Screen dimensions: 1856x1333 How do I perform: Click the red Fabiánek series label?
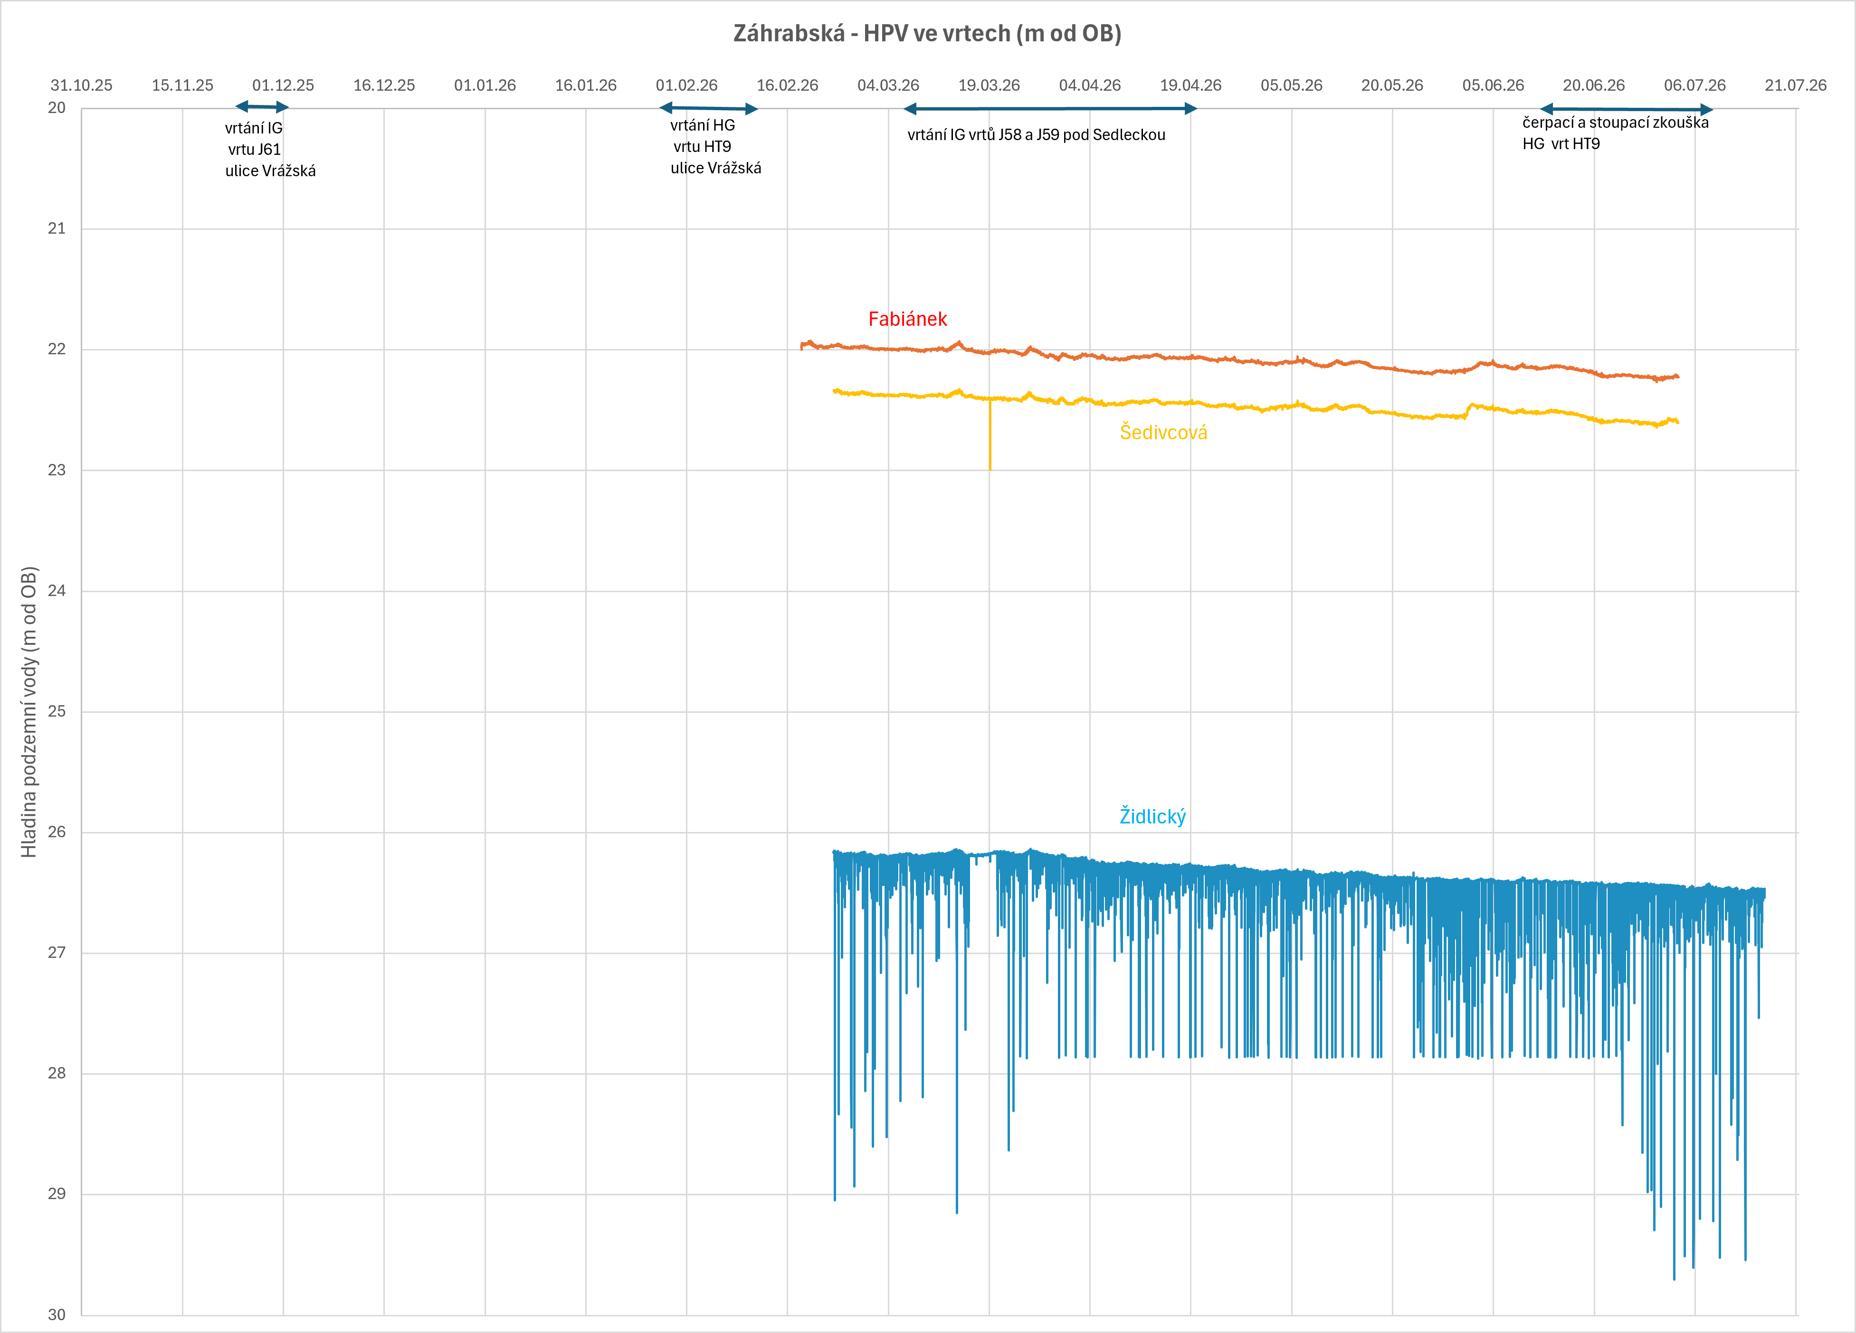[x=907, y=319]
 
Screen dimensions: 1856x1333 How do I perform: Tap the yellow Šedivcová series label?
[x=1163, y=432]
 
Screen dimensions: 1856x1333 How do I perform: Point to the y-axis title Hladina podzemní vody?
[x=29, y=712]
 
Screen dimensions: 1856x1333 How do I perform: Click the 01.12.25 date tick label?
[x=283, y=85]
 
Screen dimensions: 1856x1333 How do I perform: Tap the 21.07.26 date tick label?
[x=1796, y=85]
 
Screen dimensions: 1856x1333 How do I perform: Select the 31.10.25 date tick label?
[x=82, y=85]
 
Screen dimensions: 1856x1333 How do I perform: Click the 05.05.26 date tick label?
[x=1291, y=85]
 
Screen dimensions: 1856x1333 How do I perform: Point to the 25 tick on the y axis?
[x=57, y=711]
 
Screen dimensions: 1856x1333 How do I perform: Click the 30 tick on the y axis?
[x=57, y=1314]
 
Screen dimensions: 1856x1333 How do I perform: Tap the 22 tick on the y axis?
[x=57, y=349]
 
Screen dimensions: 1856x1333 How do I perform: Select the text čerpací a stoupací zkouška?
[x=1616, y=123]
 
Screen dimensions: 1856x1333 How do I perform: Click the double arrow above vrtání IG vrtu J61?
[x=262, y=106]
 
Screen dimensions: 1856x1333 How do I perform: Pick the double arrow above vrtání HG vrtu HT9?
[x=709, y=108]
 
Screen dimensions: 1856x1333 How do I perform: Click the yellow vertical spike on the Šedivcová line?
[x=990, y=434]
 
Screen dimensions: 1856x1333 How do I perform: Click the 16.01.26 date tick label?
[x=586, y=85]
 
